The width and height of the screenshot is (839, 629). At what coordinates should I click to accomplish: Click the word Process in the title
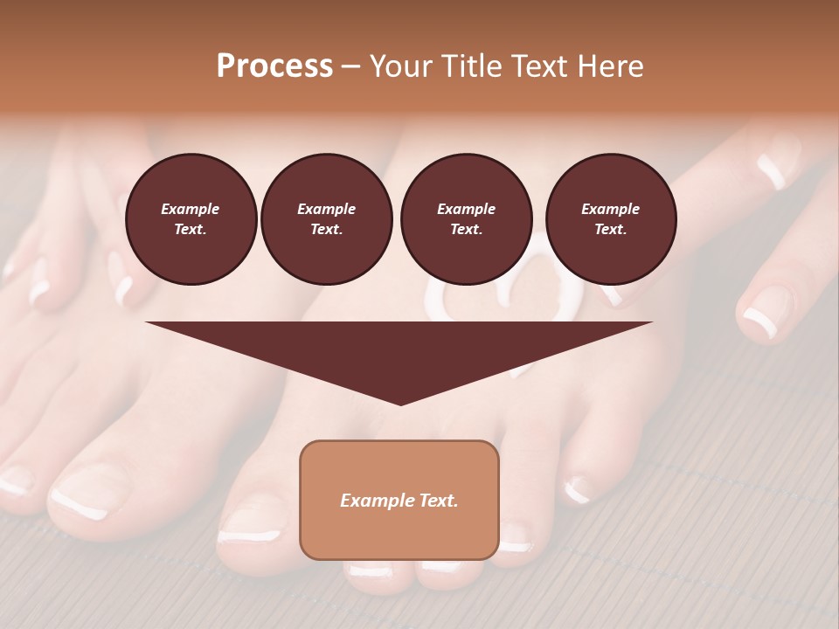274,66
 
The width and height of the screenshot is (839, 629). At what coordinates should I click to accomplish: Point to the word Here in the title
610,66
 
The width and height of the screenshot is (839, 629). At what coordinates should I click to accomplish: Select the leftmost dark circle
191,219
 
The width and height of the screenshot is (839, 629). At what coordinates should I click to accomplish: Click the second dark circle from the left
327,219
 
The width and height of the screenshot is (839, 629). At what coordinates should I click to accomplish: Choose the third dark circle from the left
466,219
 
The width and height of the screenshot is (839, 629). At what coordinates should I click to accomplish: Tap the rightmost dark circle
611,219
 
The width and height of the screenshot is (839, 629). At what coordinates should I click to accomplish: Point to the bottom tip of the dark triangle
400,404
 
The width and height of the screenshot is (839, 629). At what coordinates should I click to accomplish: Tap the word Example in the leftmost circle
191,209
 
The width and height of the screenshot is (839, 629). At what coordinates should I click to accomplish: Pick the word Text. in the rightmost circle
611,230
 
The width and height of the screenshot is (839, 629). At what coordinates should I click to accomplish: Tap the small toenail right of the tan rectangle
577,490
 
